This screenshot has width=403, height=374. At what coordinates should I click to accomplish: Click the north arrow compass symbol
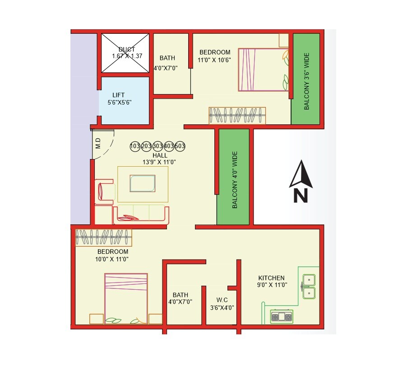coord(301,182)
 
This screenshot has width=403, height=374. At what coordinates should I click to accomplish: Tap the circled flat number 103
coord(134,146)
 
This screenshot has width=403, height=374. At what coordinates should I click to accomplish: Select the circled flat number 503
coord(180,146)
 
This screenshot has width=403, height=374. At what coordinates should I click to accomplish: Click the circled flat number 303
coord(157,146)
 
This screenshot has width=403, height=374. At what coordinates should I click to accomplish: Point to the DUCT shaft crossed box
coord(125,53)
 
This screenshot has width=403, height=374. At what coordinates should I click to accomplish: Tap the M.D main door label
coord(98,143)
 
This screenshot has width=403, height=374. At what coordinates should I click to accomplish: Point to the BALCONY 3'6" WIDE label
coord(306,82)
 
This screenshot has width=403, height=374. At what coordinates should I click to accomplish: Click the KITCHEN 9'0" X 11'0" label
coord(271,281)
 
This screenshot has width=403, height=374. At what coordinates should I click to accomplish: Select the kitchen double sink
coord(309,287)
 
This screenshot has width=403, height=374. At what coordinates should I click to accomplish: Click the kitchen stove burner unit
coord(281,317)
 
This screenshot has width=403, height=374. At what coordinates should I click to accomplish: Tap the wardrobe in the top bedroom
coord(237,115)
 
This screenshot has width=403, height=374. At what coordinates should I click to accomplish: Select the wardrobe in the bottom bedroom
coord(103,237)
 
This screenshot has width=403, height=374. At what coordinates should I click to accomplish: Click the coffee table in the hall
coord(143,184)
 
